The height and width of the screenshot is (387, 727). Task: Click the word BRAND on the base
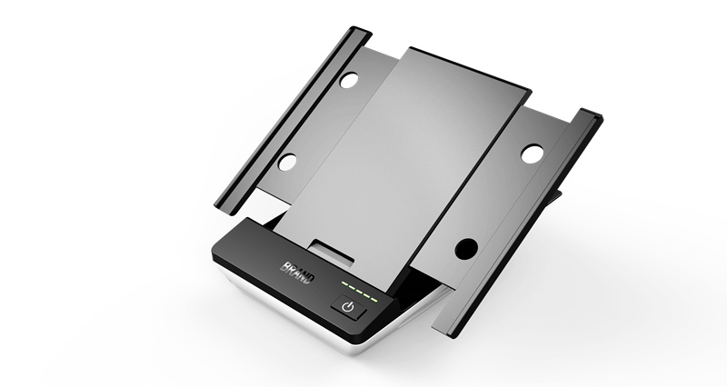[297, 273]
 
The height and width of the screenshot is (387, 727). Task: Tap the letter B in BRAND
[284, 267]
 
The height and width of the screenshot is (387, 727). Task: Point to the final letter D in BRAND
[310, 279]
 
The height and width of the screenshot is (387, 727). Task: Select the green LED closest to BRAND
[345, 283]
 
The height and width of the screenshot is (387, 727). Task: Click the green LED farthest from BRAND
[373, 300]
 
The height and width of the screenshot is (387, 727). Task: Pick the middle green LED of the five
[359, 292]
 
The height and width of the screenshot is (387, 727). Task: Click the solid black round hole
[466, 249]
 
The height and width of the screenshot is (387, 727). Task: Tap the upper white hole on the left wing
[349, 80]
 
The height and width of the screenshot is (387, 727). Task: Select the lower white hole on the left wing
[287, 163]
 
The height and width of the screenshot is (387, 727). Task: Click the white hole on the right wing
[532, 154]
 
